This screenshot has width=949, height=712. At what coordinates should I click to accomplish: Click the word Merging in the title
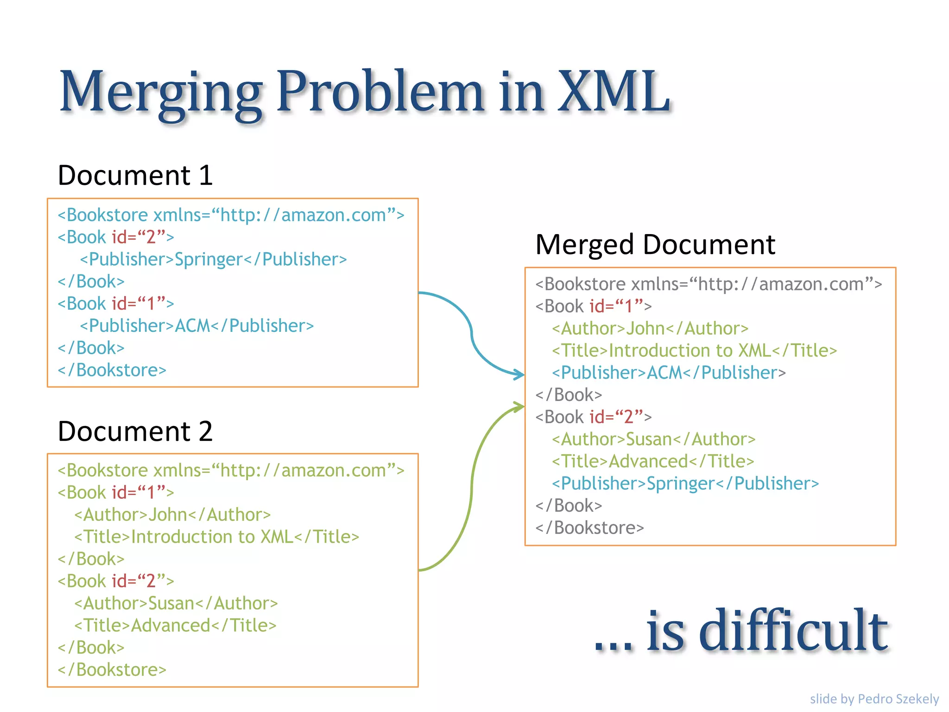[160, 93]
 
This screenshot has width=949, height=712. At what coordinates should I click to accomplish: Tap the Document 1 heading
[135, 176]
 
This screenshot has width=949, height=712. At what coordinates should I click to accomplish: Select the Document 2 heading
[135, 432]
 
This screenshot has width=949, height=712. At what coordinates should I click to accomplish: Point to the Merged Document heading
[655, 245]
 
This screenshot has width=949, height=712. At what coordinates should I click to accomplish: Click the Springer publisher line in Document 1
[213, 260]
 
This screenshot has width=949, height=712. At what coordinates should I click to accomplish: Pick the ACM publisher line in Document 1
[196, 326]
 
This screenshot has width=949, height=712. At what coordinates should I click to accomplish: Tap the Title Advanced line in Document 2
[175, 626]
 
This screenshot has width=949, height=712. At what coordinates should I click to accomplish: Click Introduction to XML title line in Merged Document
[694, 351]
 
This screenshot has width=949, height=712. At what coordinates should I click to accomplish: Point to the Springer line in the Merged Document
[685, 484]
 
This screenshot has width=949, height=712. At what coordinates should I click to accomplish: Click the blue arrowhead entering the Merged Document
[519, 374]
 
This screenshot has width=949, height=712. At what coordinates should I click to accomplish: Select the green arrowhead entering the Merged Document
[519, 407]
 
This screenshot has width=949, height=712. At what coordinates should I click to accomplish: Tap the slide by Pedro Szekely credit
[874, 699]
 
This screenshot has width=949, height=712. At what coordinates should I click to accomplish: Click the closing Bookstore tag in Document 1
[112, 370]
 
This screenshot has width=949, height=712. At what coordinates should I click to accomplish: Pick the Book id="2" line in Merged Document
[593, 417]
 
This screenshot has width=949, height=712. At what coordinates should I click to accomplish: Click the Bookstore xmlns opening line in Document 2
[231, 470]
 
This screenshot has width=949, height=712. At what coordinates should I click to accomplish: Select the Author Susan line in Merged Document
[653, 439]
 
